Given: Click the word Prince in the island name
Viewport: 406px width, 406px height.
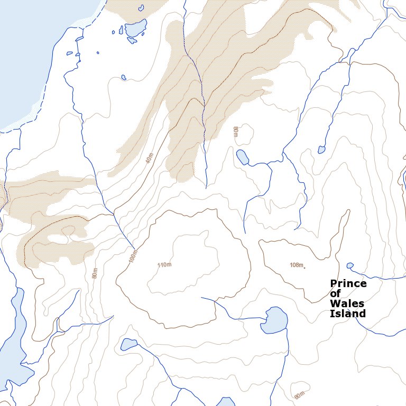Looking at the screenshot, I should pos(348,284).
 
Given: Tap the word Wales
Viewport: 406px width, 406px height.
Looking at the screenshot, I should pos(344,303).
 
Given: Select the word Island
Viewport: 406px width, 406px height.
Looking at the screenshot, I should pos(347,313).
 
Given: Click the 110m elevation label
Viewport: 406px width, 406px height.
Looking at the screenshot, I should pos(165,264).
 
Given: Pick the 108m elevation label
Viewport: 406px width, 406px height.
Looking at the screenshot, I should pos(297,264).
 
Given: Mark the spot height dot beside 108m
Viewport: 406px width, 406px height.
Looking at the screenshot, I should pos(304,268).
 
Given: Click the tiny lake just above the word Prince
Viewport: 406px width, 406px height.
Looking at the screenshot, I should pos(349,265).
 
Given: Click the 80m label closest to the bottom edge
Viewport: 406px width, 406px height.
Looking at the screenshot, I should pos(300,394).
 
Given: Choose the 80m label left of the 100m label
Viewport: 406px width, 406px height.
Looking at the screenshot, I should pos(95,273).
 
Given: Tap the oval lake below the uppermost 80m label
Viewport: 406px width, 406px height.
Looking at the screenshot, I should pos(242,157).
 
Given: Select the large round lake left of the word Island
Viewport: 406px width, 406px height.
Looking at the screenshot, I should pos(274,320).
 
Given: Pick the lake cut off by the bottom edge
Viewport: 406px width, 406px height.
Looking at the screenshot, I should pos(226,402).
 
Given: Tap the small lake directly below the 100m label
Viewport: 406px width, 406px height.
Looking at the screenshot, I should pos(128,345).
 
